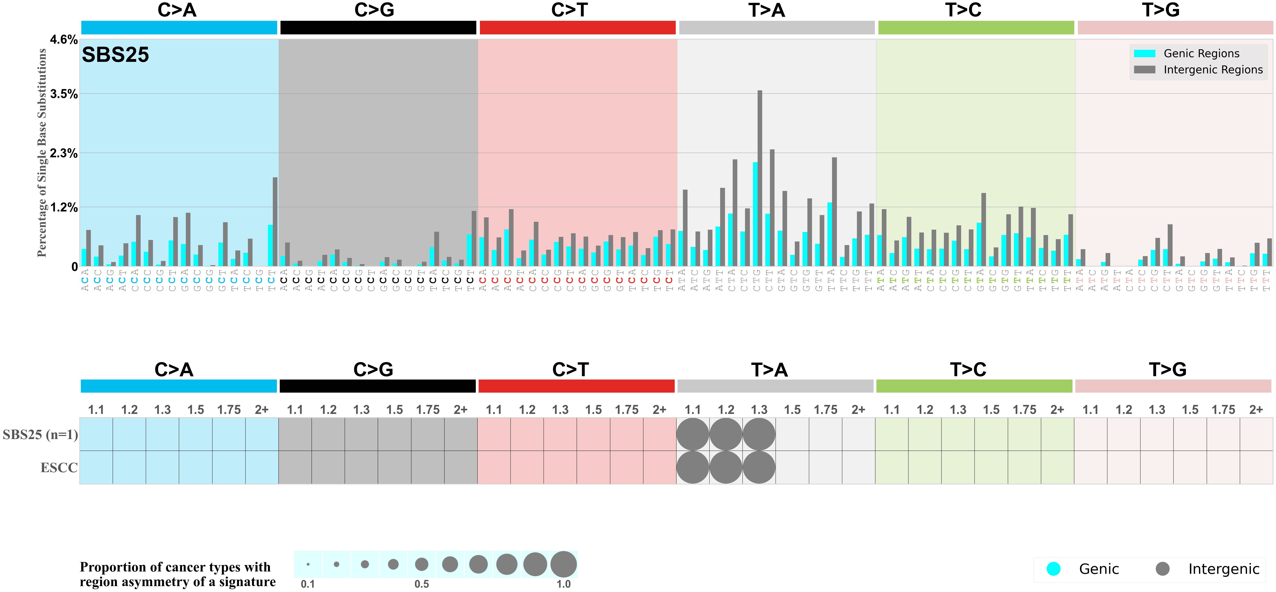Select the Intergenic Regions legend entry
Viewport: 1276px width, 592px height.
click(1213, 70)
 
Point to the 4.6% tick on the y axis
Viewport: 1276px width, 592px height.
click(64, 40)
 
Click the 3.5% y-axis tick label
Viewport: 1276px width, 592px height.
click(64, 94)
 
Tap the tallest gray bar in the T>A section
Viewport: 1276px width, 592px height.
click(760, 178)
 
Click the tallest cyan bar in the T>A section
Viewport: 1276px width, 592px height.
click(755, 214)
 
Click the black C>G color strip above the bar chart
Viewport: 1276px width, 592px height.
click(378, 28)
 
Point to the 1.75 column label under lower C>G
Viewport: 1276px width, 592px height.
click(428, 410)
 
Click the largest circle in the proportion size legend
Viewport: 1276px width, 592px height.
click(564, 564)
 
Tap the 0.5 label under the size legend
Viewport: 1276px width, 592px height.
click(422, 584)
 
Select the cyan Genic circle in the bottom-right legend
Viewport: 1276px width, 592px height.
click(1053, 569)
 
